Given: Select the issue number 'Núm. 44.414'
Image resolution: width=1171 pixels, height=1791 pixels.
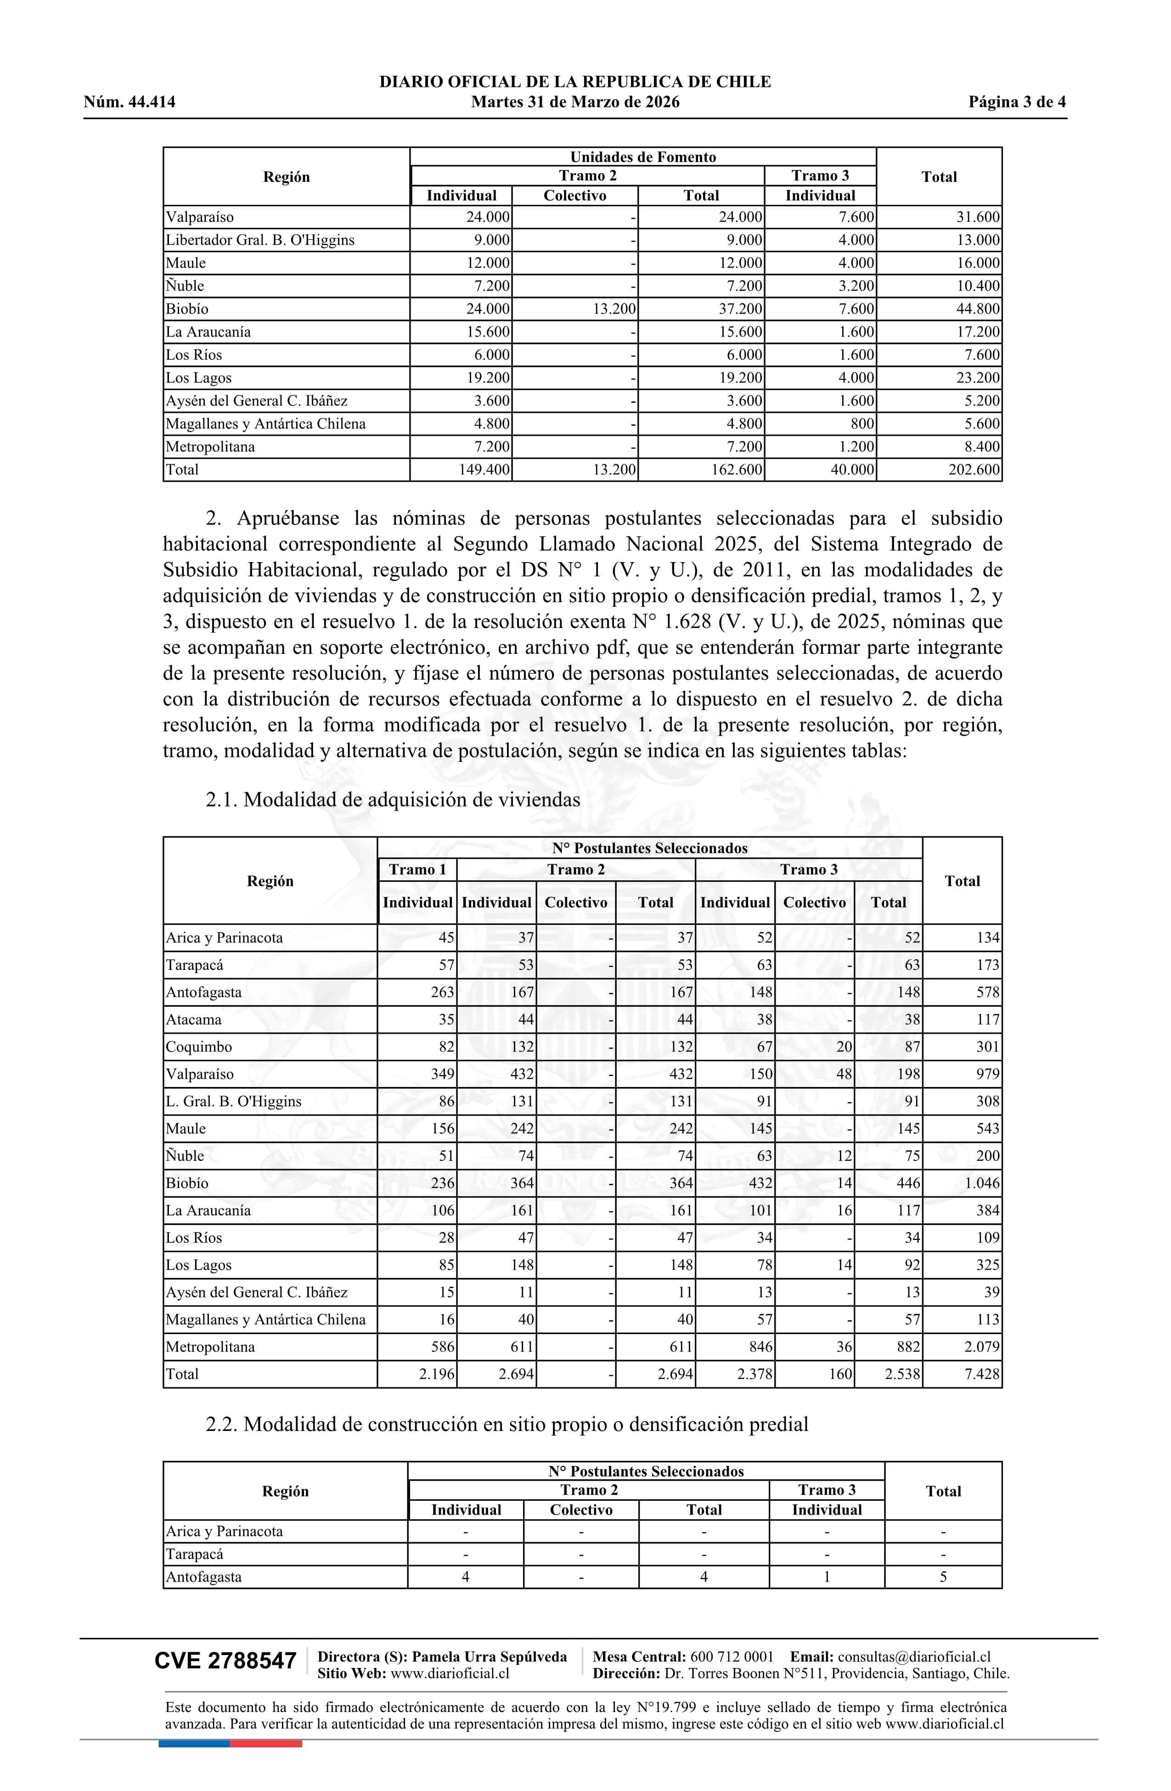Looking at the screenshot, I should coord(129,102).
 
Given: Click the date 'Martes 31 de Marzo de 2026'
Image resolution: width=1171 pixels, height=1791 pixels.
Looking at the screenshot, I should coord(575,102).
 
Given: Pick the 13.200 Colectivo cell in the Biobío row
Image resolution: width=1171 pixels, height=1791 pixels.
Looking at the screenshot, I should coord(614,309).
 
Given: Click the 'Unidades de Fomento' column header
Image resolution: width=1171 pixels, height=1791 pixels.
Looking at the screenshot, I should coord(643,157).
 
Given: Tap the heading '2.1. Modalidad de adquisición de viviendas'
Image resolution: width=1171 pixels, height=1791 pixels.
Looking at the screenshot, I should coord(393,799).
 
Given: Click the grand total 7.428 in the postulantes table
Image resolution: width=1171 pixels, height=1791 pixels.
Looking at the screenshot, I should coord(983,1374).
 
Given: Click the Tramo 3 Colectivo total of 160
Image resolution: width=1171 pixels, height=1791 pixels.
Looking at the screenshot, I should coord(841,1374).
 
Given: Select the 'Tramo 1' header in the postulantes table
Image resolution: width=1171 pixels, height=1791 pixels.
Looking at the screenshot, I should coord(418,870).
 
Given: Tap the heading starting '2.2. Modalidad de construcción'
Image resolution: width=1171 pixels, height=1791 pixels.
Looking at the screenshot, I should coord(507,1424).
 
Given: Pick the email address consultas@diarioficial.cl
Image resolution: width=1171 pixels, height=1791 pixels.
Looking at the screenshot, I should coord(914,1656).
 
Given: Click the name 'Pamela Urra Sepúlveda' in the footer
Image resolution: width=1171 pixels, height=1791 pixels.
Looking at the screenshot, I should coord(489,1656).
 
